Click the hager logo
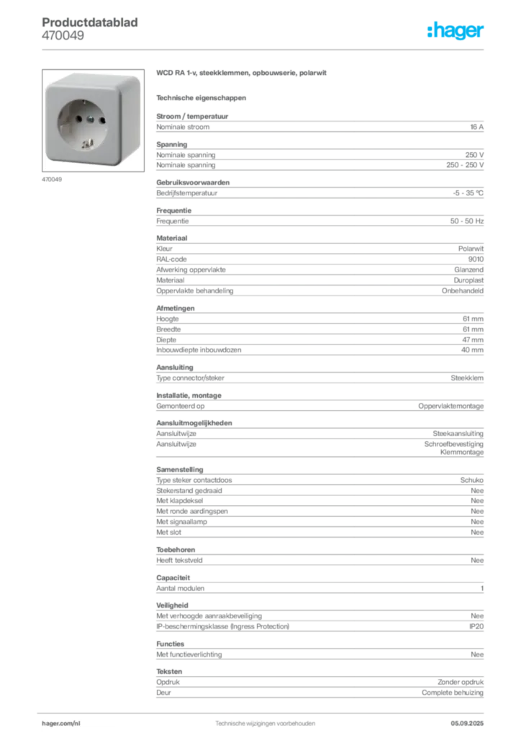pyautogui.click(x=455, y=30)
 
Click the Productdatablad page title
pyautogui.click(x=90, y=22)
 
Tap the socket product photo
pyautogui.click(x=93, y=120)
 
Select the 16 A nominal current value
pyautogui.click(x=476, y=127)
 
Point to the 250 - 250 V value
pyautogui.click(x=465, y=165)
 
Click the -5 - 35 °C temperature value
pyautogui.click(x=468, y=193)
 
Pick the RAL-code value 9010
pyautogui.click(x=476, y=259)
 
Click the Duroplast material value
pyautogui.click(x=468, y=280)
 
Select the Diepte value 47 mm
pyautogui.click(x=473, y=340)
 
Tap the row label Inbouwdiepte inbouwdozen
pyautogui.click(x=199, y=350)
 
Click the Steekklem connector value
pyautogui.click(x=467, y=378)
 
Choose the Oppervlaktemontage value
pyautogui.click(x=450, y=406)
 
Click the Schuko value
pyautogui.click(x=471, y=480)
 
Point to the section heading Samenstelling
pyautogui.click(x=179, y=470)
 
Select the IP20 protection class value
pyautogui.click(x=476, y=626)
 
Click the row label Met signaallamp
pyautogui.click(x=181, y=522)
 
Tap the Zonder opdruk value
pyautogui.click(x=461, y=682)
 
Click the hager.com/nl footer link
pyautogui.click(x=61, y=724)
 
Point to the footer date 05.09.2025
pyautogui.click(x=467, y=724)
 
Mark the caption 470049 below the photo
pyautogui.click(x=52, y=179)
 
